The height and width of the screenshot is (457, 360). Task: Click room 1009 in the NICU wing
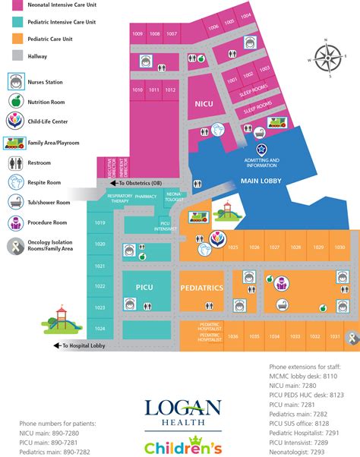point(137,34)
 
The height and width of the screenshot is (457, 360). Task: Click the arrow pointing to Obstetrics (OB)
point(114,183)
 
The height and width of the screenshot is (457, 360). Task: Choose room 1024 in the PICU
point(99,329)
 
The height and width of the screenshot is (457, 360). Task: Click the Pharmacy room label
point(146,196)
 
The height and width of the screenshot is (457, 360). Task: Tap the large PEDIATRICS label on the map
point(201,289)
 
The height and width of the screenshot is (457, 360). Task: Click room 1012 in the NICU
point(170,90)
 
